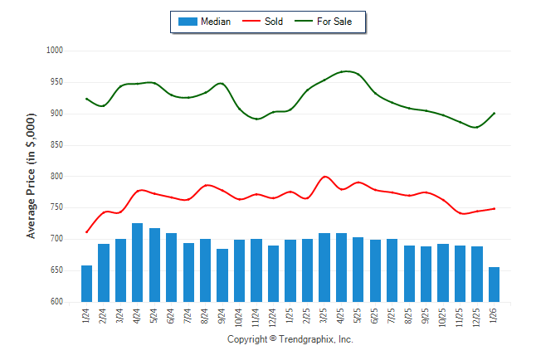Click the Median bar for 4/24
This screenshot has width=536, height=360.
[x=138, y=263]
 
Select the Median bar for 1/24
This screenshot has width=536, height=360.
[x=87, y=284]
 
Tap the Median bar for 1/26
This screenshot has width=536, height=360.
[x=495, y=285]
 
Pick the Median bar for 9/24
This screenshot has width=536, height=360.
[x=222, y=275]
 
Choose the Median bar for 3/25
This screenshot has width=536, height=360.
[x=324, y=268]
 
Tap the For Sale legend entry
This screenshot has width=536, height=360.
[x=334, y=22]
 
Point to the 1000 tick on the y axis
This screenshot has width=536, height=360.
[x=55, y=51]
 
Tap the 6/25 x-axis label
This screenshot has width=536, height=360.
[x=376, y=315]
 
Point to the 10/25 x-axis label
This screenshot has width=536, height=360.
[x=444, y=316]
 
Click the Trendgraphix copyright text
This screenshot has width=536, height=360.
[x=290, y=340]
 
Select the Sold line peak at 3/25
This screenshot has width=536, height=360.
[x=324, y=177]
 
